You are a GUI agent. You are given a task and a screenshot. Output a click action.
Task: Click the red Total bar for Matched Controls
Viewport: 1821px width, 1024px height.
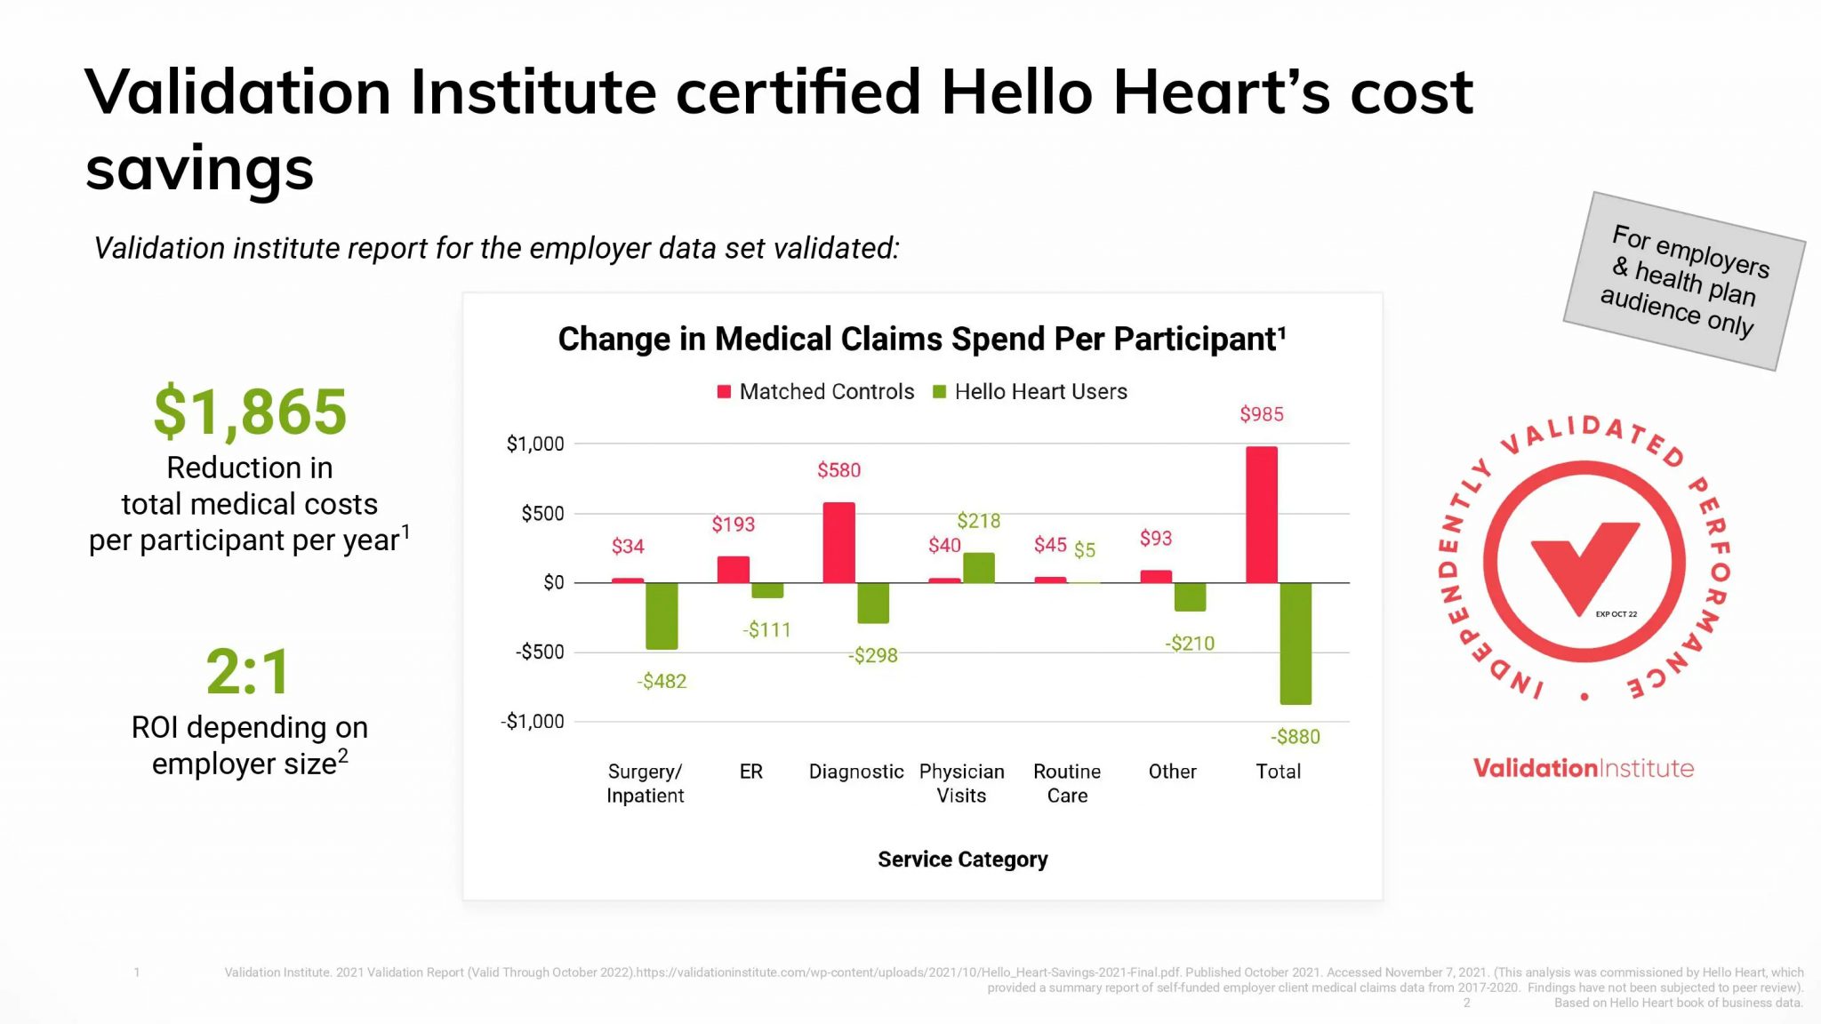[1261, 515]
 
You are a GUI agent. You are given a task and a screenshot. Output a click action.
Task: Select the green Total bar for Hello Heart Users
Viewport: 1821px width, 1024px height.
[1296, 644]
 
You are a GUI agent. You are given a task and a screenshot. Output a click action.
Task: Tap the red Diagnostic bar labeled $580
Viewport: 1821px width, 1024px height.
[838, 543]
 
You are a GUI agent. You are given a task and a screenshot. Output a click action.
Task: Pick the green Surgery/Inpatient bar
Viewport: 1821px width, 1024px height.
[662, 616]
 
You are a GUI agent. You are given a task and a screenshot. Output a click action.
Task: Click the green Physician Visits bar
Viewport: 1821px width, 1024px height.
[979, 568]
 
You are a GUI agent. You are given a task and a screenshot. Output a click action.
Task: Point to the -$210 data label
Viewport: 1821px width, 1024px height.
[1190, 644]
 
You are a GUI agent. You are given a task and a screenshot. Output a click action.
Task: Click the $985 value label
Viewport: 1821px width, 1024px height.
[1261, 414]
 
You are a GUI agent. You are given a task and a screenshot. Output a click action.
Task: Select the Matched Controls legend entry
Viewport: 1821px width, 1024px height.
[816, 392]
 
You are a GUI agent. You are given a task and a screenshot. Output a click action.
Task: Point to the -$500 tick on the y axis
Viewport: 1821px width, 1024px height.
[540, 652]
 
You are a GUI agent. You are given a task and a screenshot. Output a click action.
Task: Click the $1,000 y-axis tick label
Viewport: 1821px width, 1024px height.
[535, 444]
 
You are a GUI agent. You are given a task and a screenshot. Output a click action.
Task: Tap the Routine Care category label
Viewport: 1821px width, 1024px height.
[1067, 783]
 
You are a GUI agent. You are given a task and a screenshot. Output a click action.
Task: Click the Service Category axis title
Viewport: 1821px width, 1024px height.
[962, 860]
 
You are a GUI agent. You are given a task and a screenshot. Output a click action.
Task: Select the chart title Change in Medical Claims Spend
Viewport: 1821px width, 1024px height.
[921, 340]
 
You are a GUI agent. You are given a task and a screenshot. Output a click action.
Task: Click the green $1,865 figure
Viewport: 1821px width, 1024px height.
[250, 412]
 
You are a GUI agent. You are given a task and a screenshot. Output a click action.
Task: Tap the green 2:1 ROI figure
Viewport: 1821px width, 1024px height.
[248, 672]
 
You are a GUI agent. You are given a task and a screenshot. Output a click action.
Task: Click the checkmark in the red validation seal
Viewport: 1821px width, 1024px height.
[1583, 565]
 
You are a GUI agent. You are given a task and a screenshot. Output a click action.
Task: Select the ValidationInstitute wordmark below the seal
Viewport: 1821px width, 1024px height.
[1583, 768]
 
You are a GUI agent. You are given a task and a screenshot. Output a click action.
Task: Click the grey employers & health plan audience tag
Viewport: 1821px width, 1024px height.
[1684, 281]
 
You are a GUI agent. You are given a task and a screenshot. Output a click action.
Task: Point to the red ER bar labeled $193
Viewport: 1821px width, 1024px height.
[734, 570]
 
